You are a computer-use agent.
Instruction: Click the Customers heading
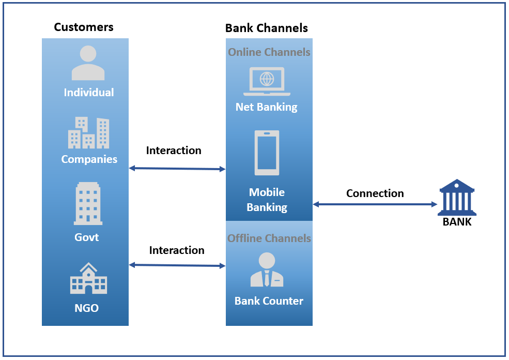tap(84, 27)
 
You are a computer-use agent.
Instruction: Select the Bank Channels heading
tap(266, 28)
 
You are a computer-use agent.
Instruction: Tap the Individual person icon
tap(88, 63)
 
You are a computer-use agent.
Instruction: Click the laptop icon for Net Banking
tap(267, 81)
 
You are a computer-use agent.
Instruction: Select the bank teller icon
tap(267, 269)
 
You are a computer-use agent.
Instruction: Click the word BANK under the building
tap(457, 222)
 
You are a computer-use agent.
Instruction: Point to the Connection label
tap(375, 193)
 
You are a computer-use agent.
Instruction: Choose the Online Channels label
tap(269, 52)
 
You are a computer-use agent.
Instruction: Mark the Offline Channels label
tap(269, 238)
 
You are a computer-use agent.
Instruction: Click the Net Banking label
tap(267, 107)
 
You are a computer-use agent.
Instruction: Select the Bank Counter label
tap(269, 301)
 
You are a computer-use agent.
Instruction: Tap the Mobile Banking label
tap(267, 200)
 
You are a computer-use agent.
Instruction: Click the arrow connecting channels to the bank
tap(375, 204)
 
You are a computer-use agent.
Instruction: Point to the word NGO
tap(86, 309)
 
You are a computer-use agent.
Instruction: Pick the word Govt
tap(86, 237)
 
